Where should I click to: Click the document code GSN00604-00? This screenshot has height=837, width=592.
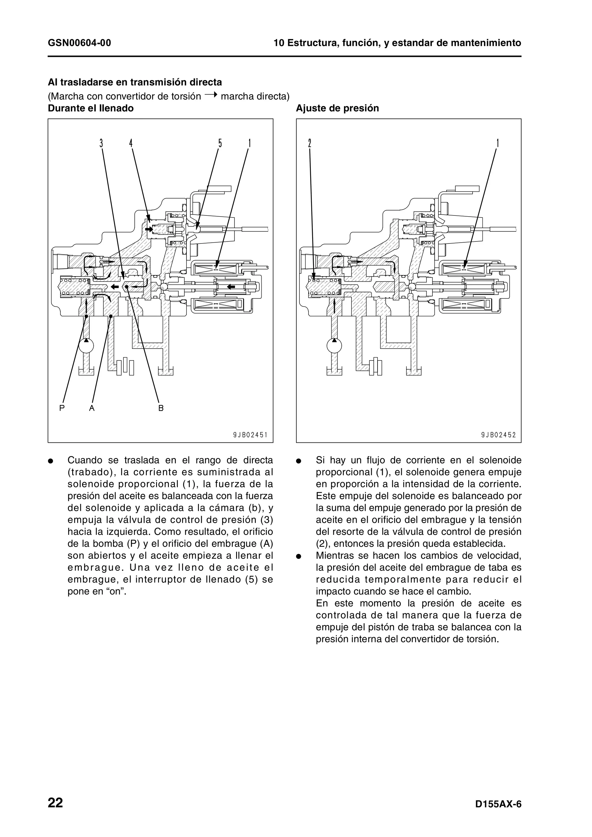79,43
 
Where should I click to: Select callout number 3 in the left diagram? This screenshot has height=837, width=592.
101,143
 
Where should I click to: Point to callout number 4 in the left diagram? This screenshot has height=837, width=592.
131,143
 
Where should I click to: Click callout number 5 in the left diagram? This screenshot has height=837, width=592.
220,143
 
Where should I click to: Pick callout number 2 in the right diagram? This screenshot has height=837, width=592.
309,143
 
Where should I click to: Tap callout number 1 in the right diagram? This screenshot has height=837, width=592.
497,143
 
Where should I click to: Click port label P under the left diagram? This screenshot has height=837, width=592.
62,408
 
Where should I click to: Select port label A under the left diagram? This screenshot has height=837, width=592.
92,408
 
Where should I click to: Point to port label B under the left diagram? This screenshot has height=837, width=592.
161,408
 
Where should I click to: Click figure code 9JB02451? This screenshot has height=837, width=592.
250,435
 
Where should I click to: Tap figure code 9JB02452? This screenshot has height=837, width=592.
498,435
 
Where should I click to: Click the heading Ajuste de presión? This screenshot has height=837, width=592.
337,108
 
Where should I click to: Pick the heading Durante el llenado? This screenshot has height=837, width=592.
90,108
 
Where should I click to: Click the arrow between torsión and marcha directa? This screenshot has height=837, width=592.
211,96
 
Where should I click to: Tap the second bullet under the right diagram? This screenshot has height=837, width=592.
298,557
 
